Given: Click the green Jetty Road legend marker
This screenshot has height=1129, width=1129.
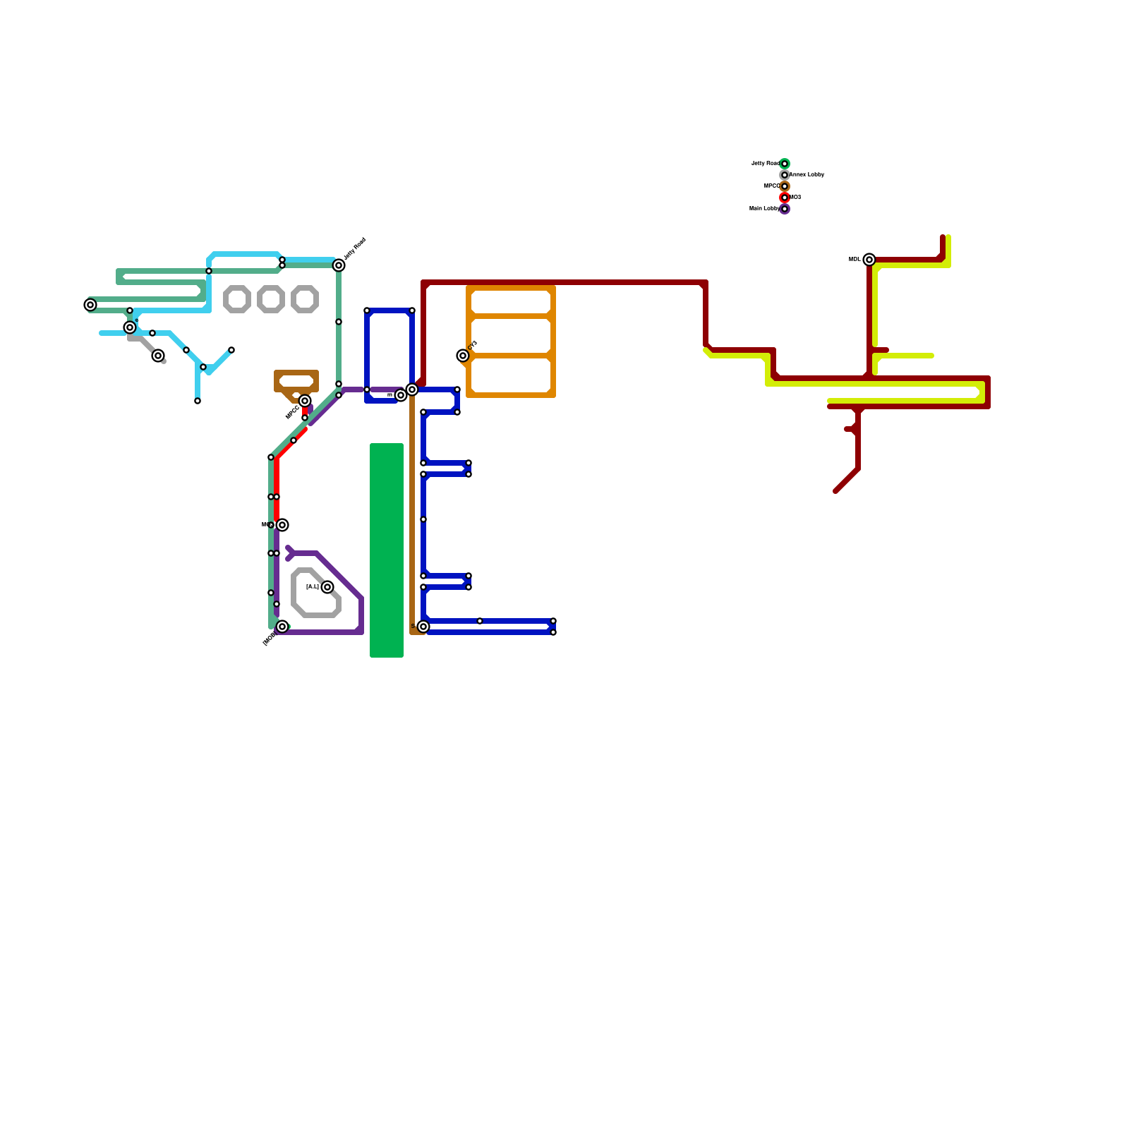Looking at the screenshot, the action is tap(785, 164).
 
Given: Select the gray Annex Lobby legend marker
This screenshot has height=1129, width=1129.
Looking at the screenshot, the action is tap(785, 175).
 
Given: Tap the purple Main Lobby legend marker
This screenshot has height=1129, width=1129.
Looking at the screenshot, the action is tap(785, 209).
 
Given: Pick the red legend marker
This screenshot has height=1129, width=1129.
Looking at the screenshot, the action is tap(785, 198).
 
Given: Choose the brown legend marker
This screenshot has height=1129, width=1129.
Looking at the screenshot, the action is tap(785, 186).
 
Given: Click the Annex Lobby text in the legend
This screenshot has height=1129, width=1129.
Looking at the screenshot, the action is tap(807, 174).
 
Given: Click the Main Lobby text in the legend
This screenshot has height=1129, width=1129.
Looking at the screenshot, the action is tap(764, 208).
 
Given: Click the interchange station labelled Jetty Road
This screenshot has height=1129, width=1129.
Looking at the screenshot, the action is tap(339, 265).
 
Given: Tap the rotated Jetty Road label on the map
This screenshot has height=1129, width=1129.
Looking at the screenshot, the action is tap(355, 249).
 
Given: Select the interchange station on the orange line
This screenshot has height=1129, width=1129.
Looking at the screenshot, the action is tap(463, 356).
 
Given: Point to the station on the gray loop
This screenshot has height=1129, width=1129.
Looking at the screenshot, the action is tap(327, 587).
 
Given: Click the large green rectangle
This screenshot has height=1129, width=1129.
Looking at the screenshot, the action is tap(387, 550).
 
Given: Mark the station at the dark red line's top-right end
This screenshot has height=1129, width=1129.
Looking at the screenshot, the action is tap(869, 260).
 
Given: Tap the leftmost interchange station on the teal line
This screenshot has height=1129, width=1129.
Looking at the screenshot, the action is tap(90, 305).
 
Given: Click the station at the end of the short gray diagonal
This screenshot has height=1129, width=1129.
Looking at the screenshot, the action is tap(158, 356).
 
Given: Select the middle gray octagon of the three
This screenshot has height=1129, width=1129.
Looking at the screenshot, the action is tap(271, 299).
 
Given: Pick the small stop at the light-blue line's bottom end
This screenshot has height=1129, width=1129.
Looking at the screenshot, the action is tap(198, 401).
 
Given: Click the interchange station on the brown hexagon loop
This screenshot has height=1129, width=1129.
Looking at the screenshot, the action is tap(305, 401).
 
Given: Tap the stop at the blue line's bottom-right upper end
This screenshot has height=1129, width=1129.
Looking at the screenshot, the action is tap(553, 621).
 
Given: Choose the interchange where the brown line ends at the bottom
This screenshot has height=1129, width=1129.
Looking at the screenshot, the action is tap(423, 627).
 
